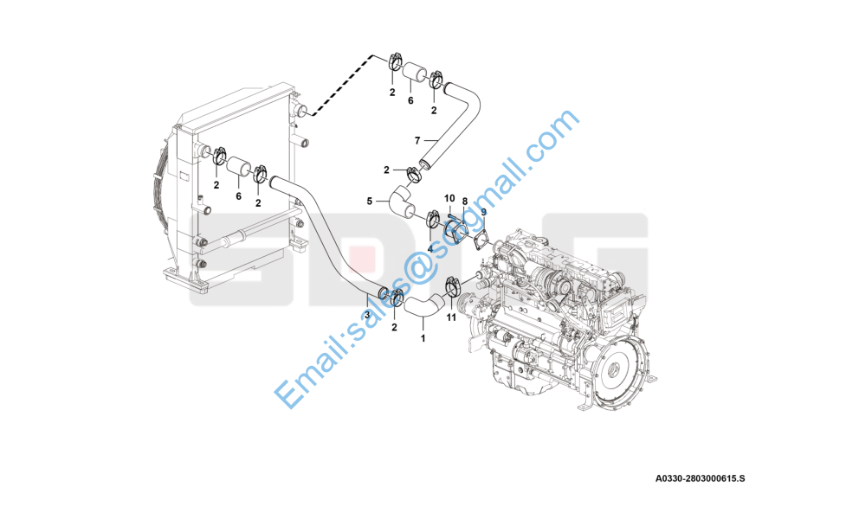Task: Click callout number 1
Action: (x=423, y=338)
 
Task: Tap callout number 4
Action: (x=430, y=249)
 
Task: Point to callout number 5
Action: (x=369, y=202)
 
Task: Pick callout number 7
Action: (x=417, y=141)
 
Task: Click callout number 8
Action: (x=465, y=202)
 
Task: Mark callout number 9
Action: (x=484, y=212)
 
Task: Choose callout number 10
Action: (x=449, y=198)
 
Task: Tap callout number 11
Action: (x=451, y=317)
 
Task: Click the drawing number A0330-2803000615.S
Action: (x=701, y=478)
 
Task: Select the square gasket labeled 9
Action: (x=481, y=240)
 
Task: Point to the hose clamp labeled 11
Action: (x=454, y=285)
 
